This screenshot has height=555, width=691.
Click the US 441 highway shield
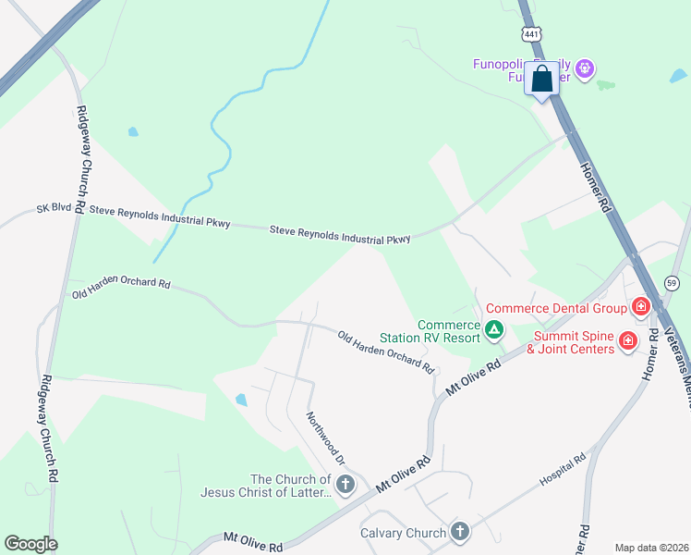pyautogui.click(x=531, y=34)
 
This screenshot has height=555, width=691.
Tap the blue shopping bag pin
pyautogui.click(x=541, y=80)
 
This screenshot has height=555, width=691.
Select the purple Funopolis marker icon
pyautogui.click(x=584, y=68)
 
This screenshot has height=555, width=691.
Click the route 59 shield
pyautogui.click(x=672, y=282)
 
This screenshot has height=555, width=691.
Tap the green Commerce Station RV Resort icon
pyautogui.click(x=494, y=328)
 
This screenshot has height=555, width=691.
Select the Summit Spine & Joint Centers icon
pyautogui.click(x=628, y=341)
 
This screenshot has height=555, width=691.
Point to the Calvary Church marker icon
pyautogui.click(x=459, y=532)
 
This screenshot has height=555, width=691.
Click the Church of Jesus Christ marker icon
pyautogui.click(x=345, y=485)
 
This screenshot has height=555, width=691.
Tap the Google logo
pyautogui.click(x=30, y=544)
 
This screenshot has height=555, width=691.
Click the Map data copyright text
pyautogui.click(x=651, y=548)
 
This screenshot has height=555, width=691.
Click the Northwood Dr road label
pyautogui.click(x=325, y=438)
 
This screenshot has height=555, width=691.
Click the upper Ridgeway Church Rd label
pyautogui.click(x=81, y=159)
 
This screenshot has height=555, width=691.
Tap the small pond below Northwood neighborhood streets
pyautogui.click(x=241, y=400)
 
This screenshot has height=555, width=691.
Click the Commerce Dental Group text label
pyautogui.click(x=557, y=308)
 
